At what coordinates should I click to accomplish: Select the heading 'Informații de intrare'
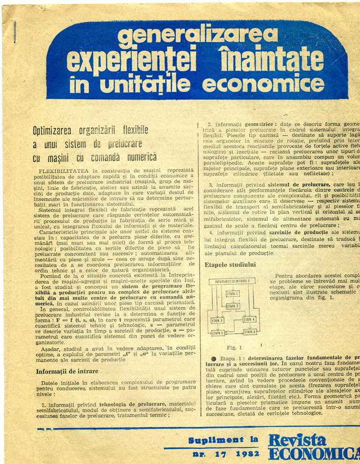coord(67,372)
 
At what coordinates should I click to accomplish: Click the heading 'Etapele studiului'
coord(230,265)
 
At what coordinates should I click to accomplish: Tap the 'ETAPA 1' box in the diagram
coord(233,294)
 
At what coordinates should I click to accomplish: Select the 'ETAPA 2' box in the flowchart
coord(233,306)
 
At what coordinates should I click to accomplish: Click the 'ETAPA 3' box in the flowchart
coord(217,321)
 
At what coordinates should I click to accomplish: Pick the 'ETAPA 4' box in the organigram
coord(249,320)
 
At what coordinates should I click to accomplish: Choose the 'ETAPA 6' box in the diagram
coord(249,332)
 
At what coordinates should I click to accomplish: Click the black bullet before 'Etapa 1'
coord(208,359)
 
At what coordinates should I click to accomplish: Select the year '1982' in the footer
coord(244,454)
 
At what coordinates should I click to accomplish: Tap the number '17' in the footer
coord(221,454)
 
